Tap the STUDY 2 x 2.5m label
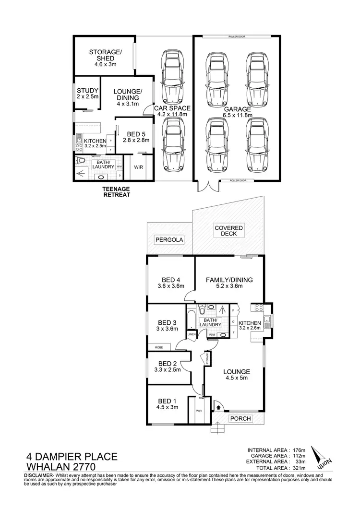point(88,94)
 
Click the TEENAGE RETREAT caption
point(116,192)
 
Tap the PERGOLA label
point(169,239)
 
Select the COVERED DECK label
point(229,230)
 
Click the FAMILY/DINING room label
point(229,283)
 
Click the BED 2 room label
point(168,367)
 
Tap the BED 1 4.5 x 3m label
point(167,403)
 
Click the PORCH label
point(240,418)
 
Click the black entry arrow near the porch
point(218,407)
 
